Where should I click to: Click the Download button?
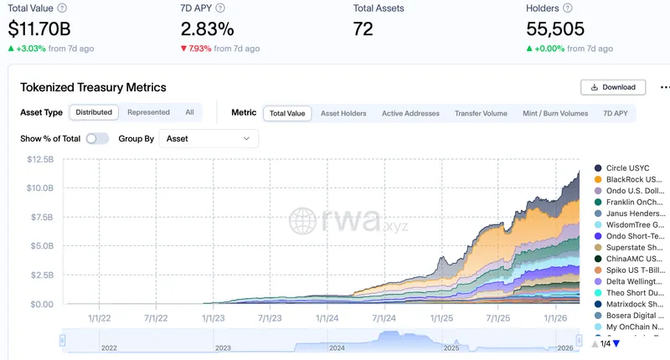coord(613,87)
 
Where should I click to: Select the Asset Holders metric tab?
coord(343,113)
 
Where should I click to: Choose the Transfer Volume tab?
coord(481,113)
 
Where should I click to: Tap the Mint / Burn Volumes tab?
coord(555,113)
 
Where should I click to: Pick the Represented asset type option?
coord(148,112)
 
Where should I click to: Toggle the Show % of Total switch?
coord(97,138)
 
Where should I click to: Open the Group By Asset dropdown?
coord(209,138)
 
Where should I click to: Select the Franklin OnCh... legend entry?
coord(628,202)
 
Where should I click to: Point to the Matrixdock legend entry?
coord(628,304)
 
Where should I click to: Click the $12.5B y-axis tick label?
coord(40,159)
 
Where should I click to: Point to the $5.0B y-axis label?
coord(40,246)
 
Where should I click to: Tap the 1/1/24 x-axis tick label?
coord(325,318)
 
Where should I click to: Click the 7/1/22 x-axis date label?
coord(156,318)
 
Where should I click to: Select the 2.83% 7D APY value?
coord(209,28)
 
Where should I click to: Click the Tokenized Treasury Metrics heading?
coord(93,87)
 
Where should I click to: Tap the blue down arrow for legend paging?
coord(616,343)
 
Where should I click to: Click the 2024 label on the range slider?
coord(337,347)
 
